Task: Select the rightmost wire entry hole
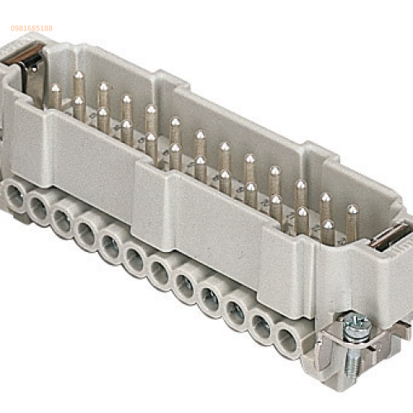[x=287, y=339]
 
